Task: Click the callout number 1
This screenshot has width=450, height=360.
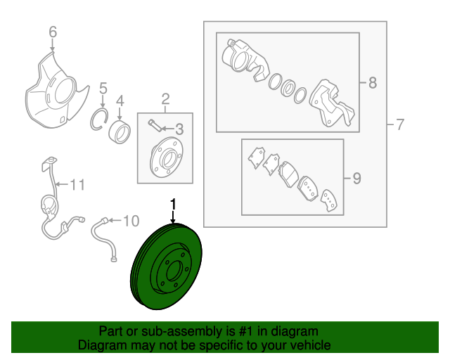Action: point(172,205)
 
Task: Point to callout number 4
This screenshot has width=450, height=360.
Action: point(120,99)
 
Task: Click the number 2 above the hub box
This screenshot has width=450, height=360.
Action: point(165,98)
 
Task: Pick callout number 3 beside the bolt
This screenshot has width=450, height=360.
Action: point(179,129)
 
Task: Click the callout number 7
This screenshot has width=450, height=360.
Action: point(399,126)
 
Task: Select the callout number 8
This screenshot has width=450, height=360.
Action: point(372,84)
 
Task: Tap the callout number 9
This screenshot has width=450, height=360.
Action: point(356,179)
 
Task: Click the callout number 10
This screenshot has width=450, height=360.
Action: point(131,221)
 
